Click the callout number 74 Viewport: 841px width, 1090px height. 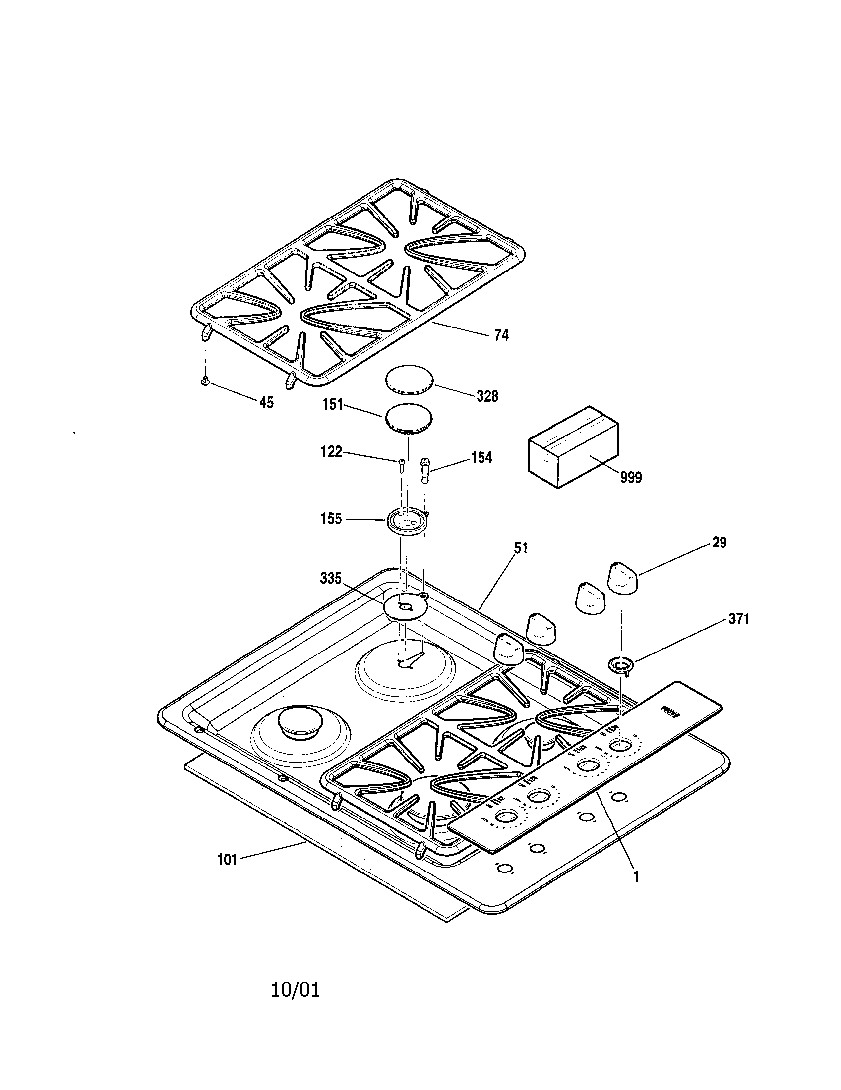click(501, 335)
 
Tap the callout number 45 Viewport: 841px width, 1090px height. click(267, 403)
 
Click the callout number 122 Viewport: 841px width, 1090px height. click(331, 452)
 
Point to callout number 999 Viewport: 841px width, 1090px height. click(631, 478)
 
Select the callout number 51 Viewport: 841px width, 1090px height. click(520, 548)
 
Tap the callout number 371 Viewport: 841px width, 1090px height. click(739, 620)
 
